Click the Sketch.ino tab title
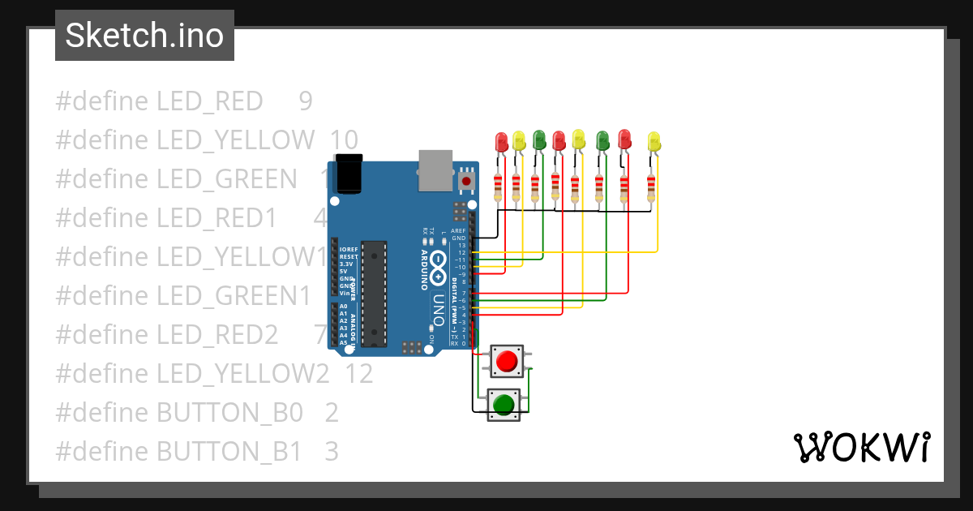144,36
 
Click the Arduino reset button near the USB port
465,180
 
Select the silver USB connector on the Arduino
435,170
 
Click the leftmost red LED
501,143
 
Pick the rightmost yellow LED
654,144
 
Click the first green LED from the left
539,140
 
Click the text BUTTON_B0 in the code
229,412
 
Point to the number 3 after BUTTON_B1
331,451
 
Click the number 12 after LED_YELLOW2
358,373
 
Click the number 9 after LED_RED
305,101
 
